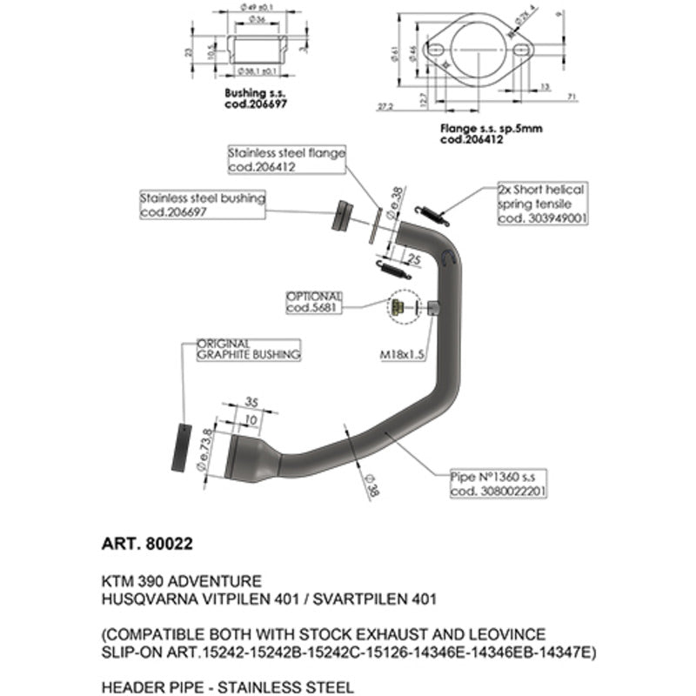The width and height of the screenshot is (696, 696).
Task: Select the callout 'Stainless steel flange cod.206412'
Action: [x=286, y=159]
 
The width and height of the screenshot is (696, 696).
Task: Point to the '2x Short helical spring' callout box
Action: [x=540, y=203]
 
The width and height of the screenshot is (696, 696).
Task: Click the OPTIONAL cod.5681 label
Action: [x=314, y=301]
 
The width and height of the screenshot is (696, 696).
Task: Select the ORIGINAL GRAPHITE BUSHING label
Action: [x=248, y=349]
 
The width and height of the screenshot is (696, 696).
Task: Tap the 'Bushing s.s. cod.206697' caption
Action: [x=256, y=97]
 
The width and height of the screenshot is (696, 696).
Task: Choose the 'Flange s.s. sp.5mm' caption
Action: [x=491, y=133]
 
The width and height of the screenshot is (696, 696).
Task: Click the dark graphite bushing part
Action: [x=181, y=446]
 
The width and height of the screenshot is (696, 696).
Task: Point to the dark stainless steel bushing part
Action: [x=342, y=215]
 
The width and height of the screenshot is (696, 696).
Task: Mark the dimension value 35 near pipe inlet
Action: [x=251, y=402]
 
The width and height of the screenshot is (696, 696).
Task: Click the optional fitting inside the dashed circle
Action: [x=396, y=305]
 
